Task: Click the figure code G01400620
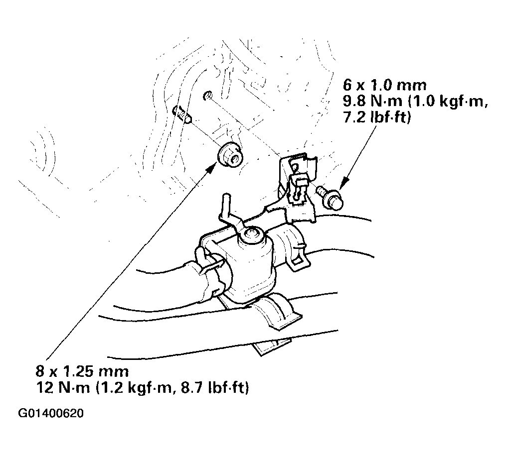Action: click(x=51, y=413)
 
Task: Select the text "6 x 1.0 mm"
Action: click(x=385, y=85)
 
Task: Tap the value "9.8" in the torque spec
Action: click(x=353, y=101)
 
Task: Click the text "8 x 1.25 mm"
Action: click(x=82, y=371)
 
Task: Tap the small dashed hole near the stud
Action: click(x=208, y=96)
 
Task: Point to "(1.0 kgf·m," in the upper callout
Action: click(x=448, y=102)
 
